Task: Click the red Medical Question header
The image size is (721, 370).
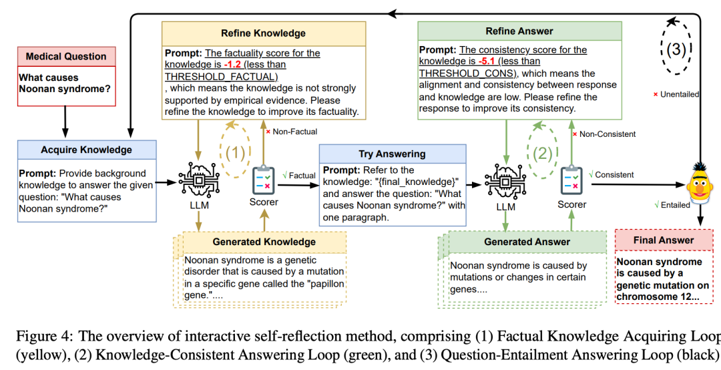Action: (x=66, y=56)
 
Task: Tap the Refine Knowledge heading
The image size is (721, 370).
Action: (x=263, y=33)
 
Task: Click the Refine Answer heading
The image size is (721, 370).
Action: (x=519, y=31)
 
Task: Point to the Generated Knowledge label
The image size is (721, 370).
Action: (x=264, y=241)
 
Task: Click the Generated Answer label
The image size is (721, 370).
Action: (x=527, y=241)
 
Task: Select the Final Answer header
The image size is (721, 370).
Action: (x=664, y=240)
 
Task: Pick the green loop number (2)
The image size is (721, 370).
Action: (x=542, y=152)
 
